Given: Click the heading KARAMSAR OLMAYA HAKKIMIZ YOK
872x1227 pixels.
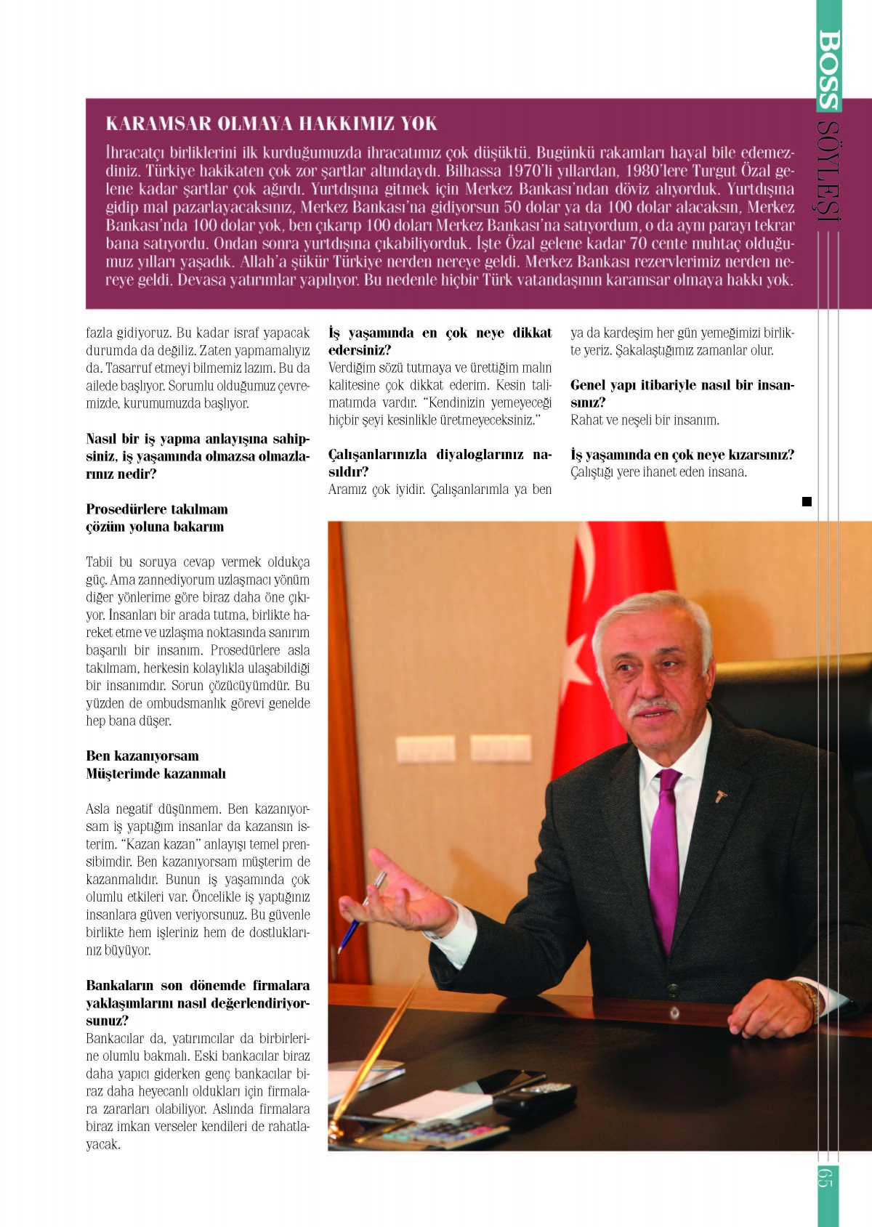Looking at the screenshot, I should tap(271, 123).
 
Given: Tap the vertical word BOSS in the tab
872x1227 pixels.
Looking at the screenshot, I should tap(829, 69).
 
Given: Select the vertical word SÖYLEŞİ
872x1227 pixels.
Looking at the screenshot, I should tap(828, 171).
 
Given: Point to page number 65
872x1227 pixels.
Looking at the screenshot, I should tap(825, 1177).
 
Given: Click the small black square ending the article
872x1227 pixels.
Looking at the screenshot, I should tap(807, 501).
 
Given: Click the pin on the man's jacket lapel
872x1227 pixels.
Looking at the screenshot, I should tap(720, 796).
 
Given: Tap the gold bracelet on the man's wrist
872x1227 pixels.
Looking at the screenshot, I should tap(809, 995).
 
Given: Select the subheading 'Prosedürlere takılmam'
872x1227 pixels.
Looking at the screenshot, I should tap(157, 509).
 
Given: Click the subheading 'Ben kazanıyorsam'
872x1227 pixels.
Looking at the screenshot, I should tap(142, 756).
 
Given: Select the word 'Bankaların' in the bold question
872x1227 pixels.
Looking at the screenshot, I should tap(120, 986).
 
